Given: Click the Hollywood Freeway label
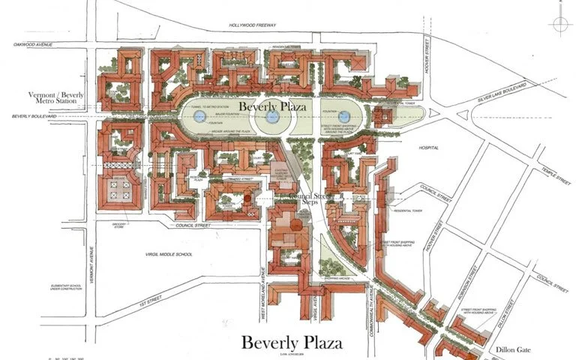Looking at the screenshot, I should point(254,25).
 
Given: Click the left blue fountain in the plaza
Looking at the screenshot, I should point(199,116).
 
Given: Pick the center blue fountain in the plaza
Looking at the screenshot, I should point(273,116).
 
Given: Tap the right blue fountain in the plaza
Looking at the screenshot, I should point(346,116).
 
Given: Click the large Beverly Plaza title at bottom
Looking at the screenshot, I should point(292,342).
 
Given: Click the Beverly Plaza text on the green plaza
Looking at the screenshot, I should point(274,107).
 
